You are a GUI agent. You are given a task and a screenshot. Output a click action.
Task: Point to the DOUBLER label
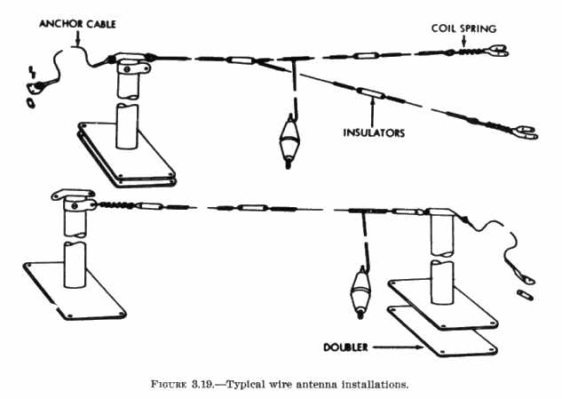pos(347,344)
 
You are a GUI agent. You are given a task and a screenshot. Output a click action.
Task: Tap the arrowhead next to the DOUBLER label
pos(390,344)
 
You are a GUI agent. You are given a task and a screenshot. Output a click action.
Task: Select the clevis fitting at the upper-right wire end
pos(498,52)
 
